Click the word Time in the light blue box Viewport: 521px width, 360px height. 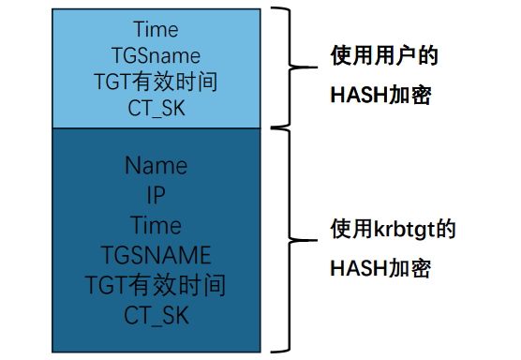[x=156, y=30]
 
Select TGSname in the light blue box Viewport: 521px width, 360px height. [x=156, y=55]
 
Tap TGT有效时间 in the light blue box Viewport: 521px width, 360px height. [x=156, y=82]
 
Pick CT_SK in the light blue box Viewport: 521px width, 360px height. [x=156, y=108]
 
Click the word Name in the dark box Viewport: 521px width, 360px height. [x=156, y=166]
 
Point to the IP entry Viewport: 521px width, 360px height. [x=156, y=196]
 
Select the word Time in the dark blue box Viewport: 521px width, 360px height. [x=156, y=226]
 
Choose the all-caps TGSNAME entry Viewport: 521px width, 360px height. [x=156, y=255]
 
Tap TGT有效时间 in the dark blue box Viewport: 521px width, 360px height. [x=156, y=284]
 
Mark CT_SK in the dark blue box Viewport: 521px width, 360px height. [x=156, y=314]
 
